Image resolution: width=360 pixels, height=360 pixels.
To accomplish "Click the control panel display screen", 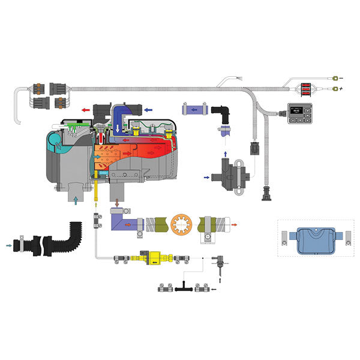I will coord(297,110).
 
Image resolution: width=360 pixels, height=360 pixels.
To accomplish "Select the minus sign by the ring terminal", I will coord(340,78).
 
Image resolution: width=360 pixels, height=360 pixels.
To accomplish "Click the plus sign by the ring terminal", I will coord(340,90).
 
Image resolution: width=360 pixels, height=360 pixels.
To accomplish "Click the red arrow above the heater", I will coord(86,110).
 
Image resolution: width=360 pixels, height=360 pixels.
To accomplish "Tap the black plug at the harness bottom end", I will coord(265,195).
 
